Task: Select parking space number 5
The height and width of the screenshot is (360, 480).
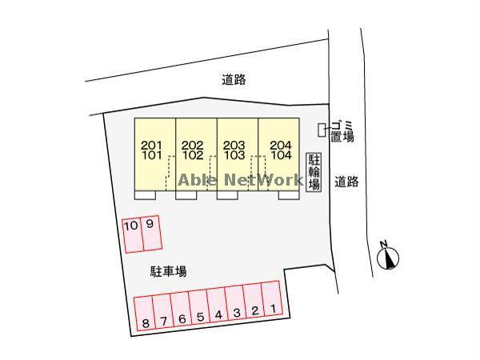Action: click(x=199, y=307)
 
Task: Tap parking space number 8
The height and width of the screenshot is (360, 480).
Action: click(x=145, y=313)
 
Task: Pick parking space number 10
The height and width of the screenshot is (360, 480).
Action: click(x=133, y=235)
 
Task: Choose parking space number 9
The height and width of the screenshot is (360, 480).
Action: click(x=151, y=233)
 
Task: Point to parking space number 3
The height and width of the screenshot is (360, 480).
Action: click(x=235, y=303)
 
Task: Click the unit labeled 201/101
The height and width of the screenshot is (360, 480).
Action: click(x=155, y=154)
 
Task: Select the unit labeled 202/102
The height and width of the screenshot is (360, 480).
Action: click(x=197, y=154)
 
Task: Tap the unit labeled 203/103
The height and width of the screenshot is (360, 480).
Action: click(x=238, y=154)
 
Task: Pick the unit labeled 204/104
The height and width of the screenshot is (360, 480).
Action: click(x=279, y=154)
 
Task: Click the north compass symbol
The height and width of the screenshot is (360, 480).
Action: click(x=387, y=256)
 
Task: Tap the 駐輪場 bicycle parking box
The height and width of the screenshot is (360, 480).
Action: click(x=314, y=172)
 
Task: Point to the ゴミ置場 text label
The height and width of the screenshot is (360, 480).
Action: click(x=342, y=131)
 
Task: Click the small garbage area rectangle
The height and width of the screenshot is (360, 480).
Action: click(x=322, y=130)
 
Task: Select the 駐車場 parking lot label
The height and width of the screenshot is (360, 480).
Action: click(x=168, y=271)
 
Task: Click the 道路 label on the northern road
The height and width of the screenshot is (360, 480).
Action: click(x=234, y=79)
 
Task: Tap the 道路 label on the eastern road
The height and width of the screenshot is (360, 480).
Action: click(x=346, y=182)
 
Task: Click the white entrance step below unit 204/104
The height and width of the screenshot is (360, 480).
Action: click(x=289, y=195)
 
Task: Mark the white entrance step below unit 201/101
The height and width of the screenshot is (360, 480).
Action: click(x=145, y=195)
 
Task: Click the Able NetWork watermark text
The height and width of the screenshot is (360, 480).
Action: click(x=241, y=180)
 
